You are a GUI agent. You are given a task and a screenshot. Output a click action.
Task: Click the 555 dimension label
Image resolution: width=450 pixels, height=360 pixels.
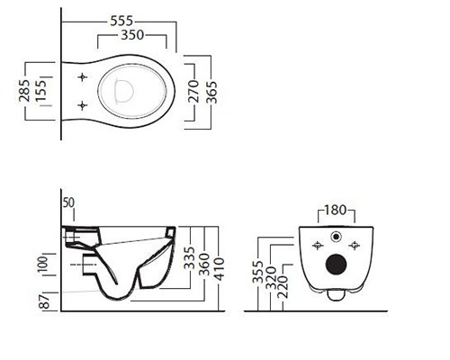tap(121, 21)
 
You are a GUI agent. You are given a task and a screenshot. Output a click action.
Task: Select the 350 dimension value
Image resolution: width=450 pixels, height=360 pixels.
tap(132, 35)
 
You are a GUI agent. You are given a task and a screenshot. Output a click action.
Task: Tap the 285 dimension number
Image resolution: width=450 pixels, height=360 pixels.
tap(24, 90)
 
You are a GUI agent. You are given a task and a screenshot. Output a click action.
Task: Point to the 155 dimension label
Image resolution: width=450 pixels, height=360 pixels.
tap(40, 90)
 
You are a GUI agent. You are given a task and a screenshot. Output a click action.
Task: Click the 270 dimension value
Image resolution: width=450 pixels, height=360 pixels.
tap(194, 91)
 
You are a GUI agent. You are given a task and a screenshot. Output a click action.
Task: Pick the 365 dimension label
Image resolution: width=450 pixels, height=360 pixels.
tap(211, 92)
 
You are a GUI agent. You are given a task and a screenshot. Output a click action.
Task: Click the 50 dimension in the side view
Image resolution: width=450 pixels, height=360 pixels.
tap(68, 203)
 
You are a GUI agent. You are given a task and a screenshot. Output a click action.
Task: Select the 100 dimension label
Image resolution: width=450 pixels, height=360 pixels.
tap(42, 264)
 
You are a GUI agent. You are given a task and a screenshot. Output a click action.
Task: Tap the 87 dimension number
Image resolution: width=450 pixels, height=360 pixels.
tap(44, 301)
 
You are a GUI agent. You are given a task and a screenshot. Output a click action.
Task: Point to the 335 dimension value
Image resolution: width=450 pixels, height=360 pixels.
tap(189, 258)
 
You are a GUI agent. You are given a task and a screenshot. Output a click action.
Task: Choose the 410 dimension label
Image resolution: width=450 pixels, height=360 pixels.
tap(220, 269)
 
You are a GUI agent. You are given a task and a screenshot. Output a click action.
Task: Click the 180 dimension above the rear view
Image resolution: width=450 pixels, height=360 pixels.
tap(336, 210)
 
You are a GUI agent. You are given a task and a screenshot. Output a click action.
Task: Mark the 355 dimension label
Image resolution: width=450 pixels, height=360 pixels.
tap(257, 272)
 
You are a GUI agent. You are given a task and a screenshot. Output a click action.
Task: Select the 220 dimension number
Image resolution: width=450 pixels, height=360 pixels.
tap(283, 287)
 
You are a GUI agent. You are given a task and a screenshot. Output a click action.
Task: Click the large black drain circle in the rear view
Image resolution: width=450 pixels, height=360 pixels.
tap(337, 265)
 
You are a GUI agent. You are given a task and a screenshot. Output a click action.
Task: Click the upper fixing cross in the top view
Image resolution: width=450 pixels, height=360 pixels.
tap(83, 77)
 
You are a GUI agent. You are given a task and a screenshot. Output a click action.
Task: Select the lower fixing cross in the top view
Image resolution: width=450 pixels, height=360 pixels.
tap(83, 105)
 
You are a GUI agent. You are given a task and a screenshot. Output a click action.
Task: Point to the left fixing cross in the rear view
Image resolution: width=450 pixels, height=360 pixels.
tap(318, 246)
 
